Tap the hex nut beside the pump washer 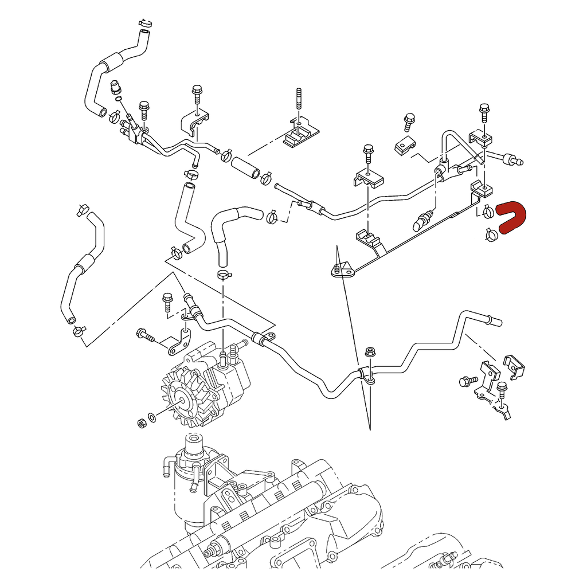139,423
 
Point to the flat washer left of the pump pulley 151,417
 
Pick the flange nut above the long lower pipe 370,351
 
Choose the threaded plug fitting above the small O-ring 115,87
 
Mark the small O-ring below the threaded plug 118,100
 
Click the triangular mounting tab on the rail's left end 342,269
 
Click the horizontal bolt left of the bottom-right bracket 467,380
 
